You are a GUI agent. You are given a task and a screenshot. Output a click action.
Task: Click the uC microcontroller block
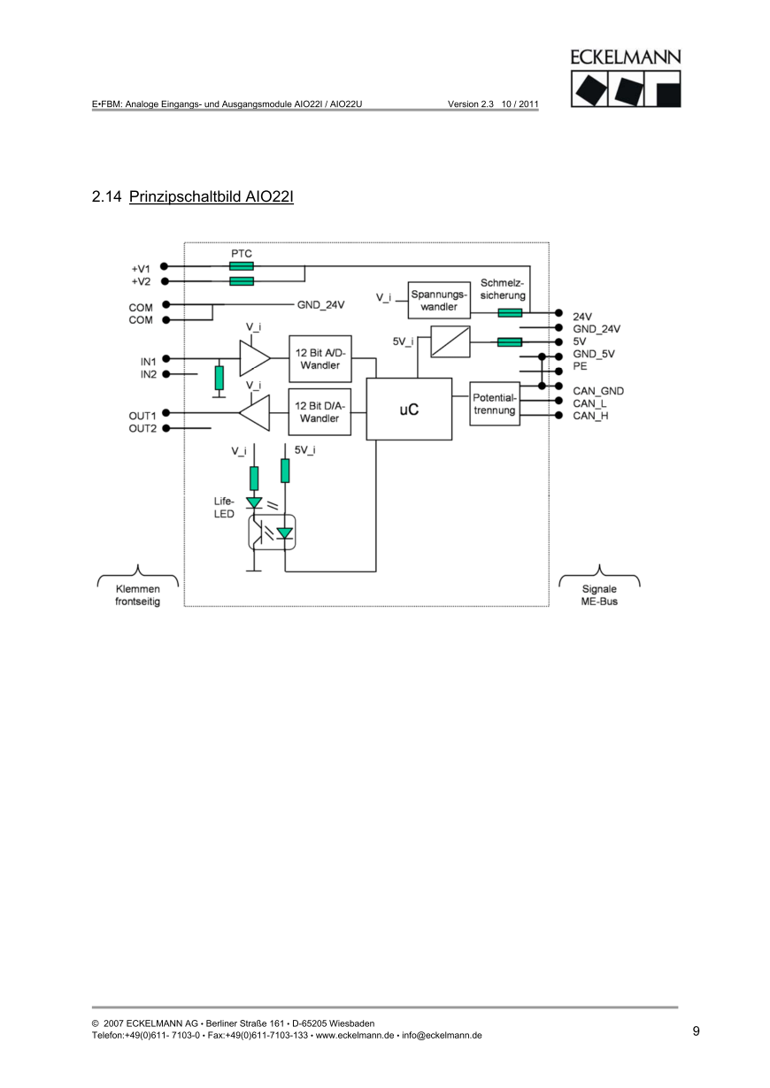pos(408,410)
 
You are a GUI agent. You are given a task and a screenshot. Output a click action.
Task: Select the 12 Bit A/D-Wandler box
pos(320,358)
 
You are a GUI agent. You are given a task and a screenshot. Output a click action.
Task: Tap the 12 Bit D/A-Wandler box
pos(320,412)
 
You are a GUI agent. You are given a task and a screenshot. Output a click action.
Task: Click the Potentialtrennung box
pos(494,403)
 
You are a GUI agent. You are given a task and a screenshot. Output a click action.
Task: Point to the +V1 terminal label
pos(142,267)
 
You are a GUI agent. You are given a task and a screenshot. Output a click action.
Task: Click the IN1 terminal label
pos(148,361)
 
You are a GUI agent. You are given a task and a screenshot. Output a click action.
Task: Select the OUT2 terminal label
pos(142,429)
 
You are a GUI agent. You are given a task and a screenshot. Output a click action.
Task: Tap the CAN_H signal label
pos(590,416)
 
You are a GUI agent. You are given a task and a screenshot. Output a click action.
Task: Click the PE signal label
pos(581,365)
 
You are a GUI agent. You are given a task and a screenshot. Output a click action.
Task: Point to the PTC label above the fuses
pos(242,253)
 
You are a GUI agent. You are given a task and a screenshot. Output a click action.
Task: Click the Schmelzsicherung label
pos(503,289)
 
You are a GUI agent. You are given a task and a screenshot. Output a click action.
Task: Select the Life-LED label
pos(223,508)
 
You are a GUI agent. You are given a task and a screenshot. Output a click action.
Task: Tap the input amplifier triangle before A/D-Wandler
pos(254,358)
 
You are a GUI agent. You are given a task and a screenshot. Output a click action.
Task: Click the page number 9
pos(696,1031)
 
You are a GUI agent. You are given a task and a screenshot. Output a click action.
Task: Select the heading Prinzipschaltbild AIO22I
pos(211,195)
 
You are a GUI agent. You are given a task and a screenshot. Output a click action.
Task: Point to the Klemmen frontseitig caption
pos(137,595)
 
